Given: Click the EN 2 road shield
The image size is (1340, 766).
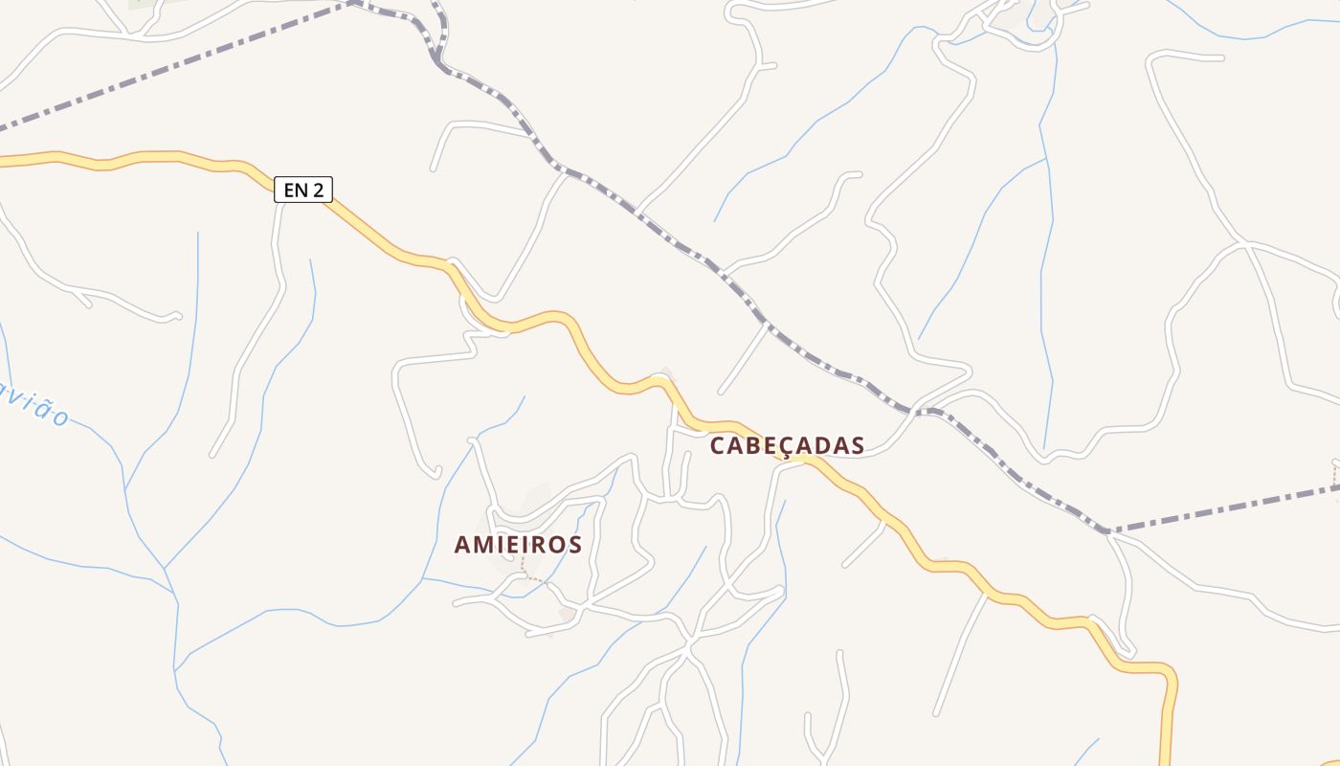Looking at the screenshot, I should pyautogui.click(x=303, y=190).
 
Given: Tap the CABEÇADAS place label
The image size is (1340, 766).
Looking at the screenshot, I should pyautogui.click(x=787, y=446).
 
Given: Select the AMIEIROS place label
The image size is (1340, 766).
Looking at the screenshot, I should pyautogui.click(x=518, y=545).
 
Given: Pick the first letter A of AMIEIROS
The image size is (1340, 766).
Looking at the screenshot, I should pyautogui.click(x=463, y=545).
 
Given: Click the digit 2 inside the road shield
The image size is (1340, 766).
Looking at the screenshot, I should pyautogui.click(x=319, y=190).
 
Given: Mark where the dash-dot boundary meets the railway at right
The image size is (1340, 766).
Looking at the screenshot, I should pyautogui.click(x=1107, y=529).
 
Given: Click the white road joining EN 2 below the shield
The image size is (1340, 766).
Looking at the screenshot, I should pyautogui.click(x=279, y=230).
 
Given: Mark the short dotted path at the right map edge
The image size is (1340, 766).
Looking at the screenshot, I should pyautogui.click(x=1335, y=475).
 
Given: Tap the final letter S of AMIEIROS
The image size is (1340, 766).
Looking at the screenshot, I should pyautogui.click(x=573, y=545).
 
